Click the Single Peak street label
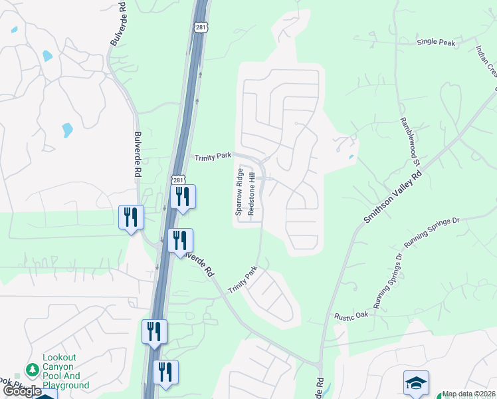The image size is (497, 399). (436, 42)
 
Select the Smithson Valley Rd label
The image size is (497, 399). (393, 198)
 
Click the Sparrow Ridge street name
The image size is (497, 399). (239, 191)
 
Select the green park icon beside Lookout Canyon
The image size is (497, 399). (31, 368)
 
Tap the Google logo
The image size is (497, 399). (22, 391)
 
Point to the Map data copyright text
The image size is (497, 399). (469, 394)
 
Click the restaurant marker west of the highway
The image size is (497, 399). (131, 217)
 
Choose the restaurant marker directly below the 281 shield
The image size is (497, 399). (183, 197)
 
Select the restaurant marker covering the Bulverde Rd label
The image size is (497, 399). (179, 240)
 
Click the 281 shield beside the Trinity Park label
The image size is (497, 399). (178, 180)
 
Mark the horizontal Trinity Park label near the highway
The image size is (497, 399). (213, 156)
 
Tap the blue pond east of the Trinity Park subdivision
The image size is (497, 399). (350, 158)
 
